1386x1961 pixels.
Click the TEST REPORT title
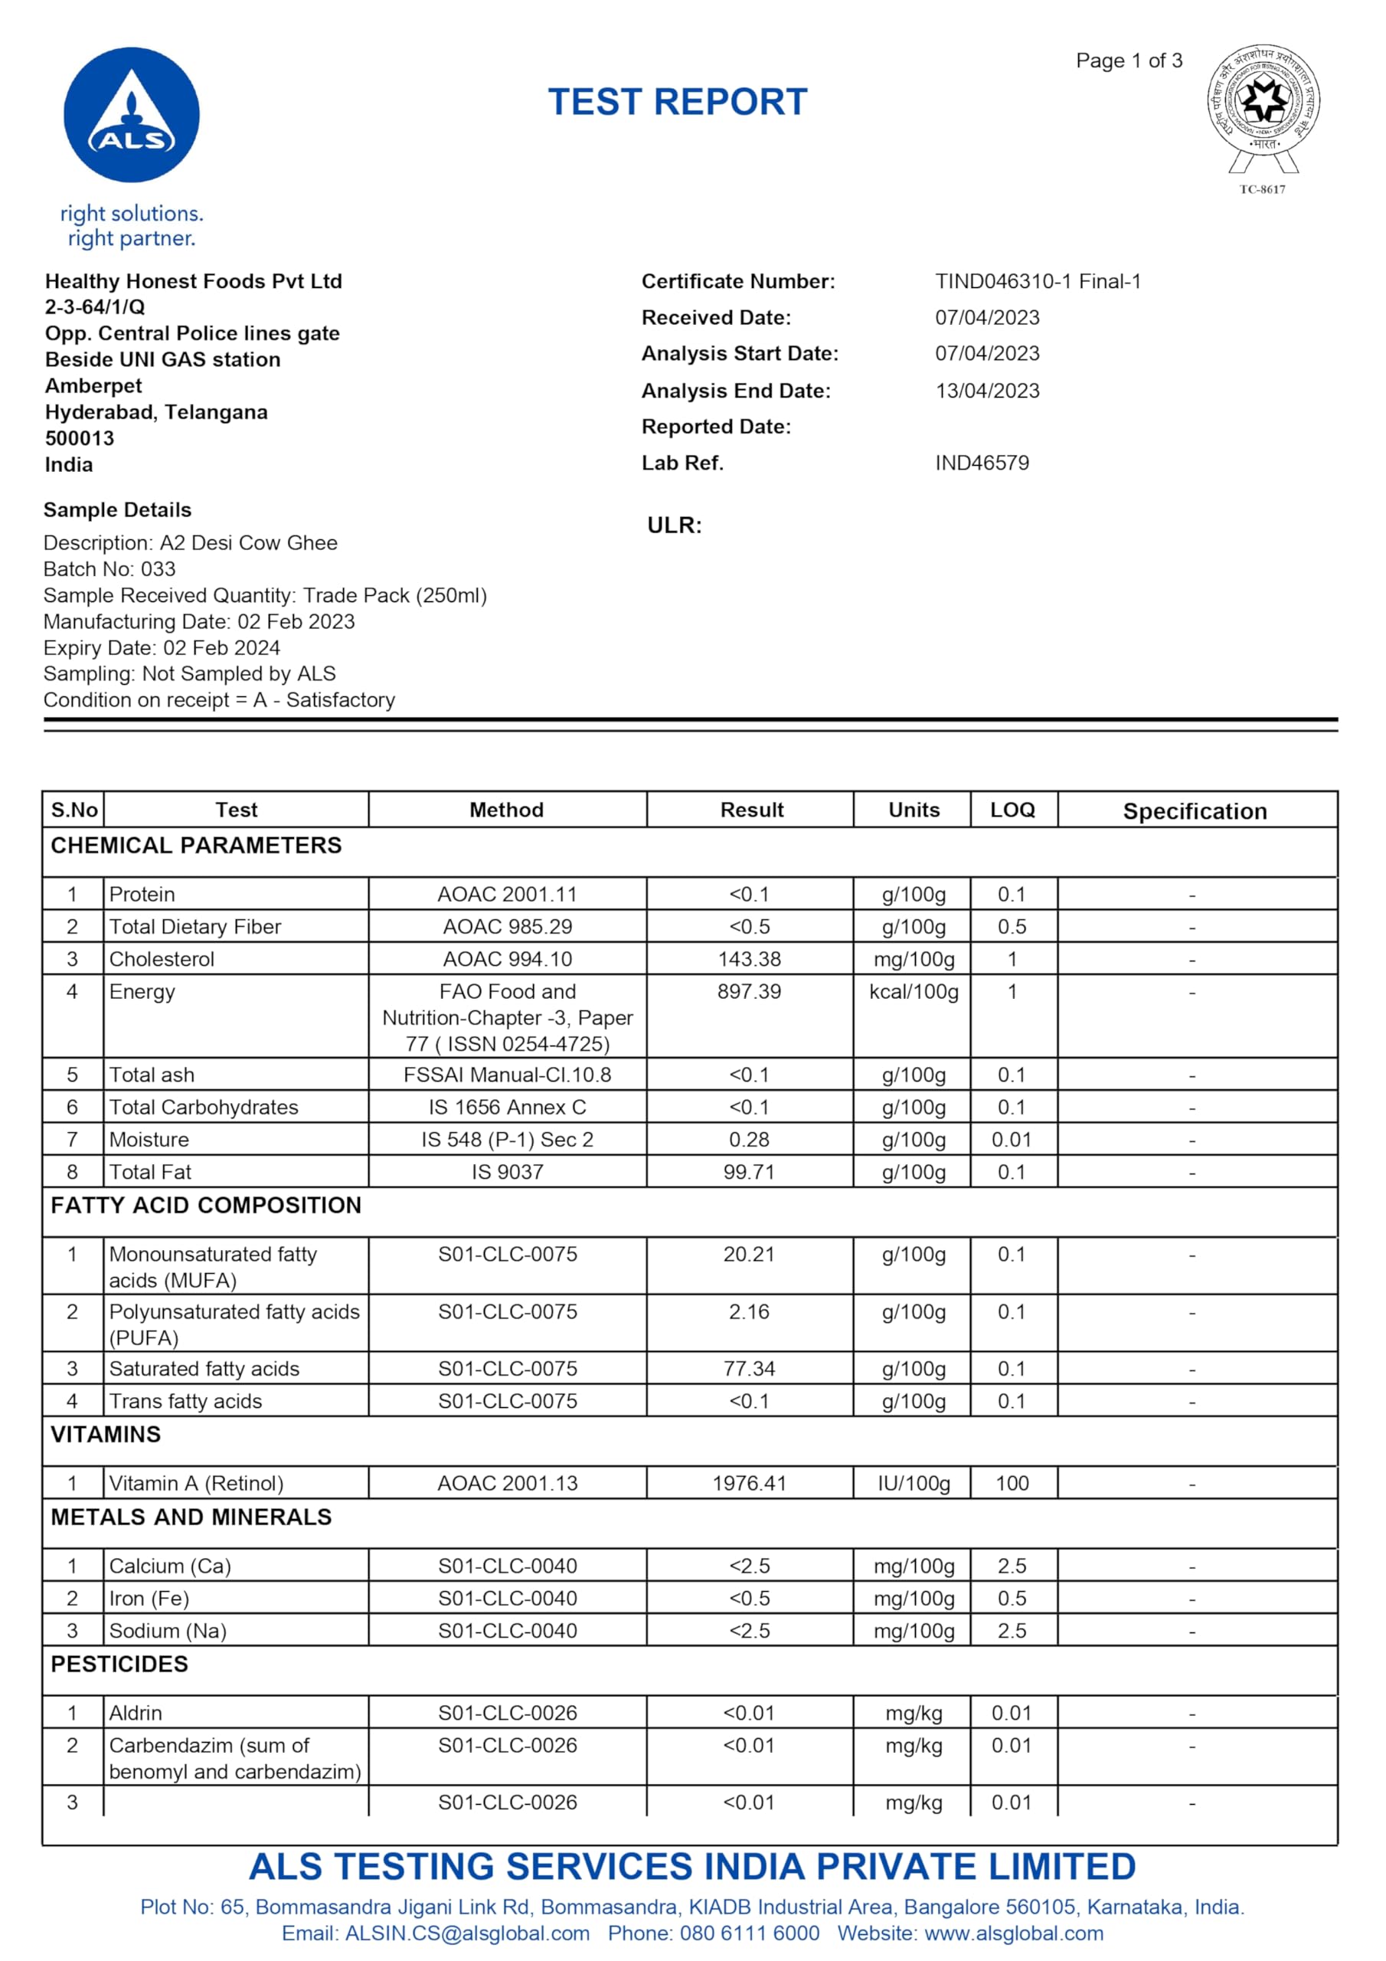[x=677, y=103]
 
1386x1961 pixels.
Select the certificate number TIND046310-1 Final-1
[x=1038, y=282]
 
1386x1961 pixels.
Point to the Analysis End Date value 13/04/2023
[x=987, y=391]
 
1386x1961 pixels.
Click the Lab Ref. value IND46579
[x=982, y=463]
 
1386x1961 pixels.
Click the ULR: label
[x=674, y=525]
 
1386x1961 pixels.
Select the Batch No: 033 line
[x=110, y=570]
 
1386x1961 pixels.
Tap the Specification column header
[x=1195, y=811]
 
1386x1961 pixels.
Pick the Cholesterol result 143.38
[x=749, y=959]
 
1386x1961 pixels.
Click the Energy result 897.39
[x=749, y=991]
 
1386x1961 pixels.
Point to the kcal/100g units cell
[x=914, y=991]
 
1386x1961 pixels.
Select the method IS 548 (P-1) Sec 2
[x=507, y=1139]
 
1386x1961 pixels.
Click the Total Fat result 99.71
[x=749, y=1172]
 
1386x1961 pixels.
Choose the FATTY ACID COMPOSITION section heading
[x=206, y=1205]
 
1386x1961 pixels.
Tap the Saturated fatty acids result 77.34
[x=749, y=1368]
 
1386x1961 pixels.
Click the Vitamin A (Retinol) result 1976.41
[x=749, y=1483]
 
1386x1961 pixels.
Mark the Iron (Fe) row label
[x=149, y=1598]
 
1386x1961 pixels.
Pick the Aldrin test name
[x=136, y=1713]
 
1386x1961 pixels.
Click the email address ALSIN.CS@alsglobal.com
[x=467, y=1933]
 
